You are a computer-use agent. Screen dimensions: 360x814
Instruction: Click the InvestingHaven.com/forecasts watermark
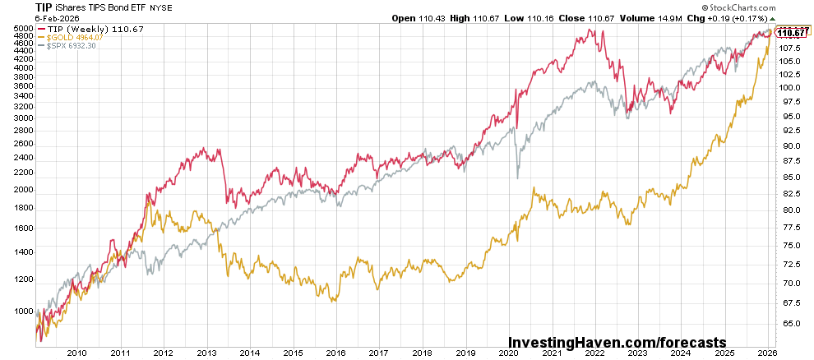(617, 341)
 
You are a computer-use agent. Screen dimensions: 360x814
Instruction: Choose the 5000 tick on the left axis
(23, 28)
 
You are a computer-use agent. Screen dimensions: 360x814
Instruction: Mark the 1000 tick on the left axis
(23, 312)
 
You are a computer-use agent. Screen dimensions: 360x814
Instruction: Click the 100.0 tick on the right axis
(790, 87)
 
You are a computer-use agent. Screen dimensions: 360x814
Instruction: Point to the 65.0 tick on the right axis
(790, 323)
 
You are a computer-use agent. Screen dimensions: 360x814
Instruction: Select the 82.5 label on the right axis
(790, 193)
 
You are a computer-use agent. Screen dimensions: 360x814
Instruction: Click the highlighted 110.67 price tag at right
(791, 33)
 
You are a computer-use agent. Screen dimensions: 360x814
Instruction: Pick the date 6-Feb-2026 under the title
(29, 18)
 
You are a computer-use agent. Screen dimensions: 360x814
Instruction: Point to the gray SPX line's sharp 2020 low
(517, 178)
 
